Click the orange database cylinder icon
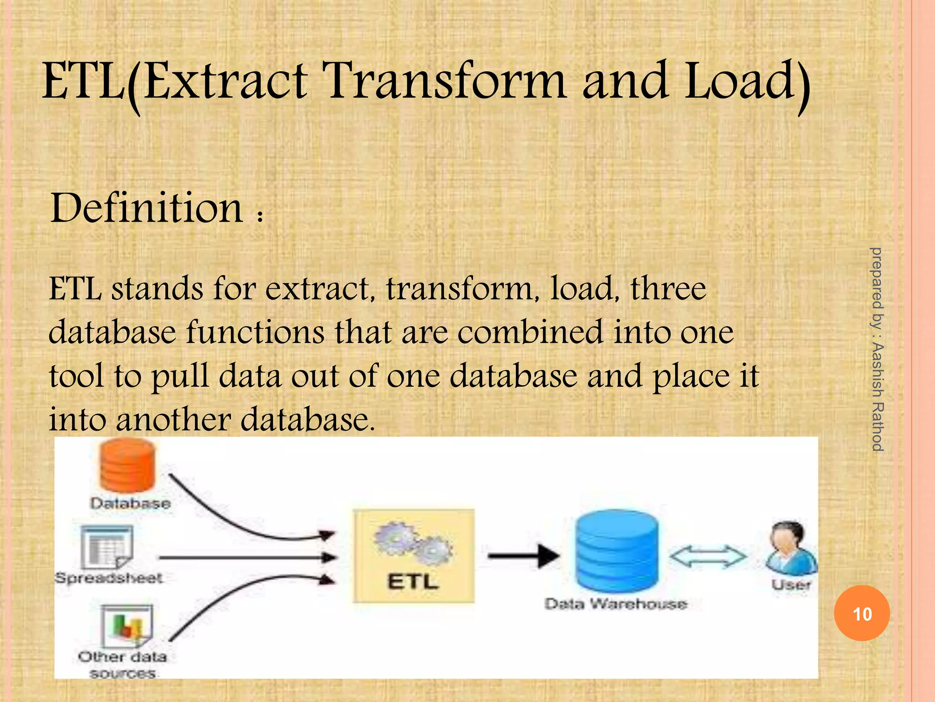[x=127, y=465]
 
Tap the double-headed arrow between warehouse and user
[x=708, y=556]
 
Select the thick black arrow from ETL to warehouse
[x=523, y=556]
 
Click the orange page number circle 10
[x=861, y=613]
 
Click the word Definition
[x=147, y=208]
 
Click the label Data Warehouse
[x=615, y=604]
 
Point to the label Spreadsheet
[x=109, y=578]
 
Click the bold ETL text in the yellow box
[x=413, y=582]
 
